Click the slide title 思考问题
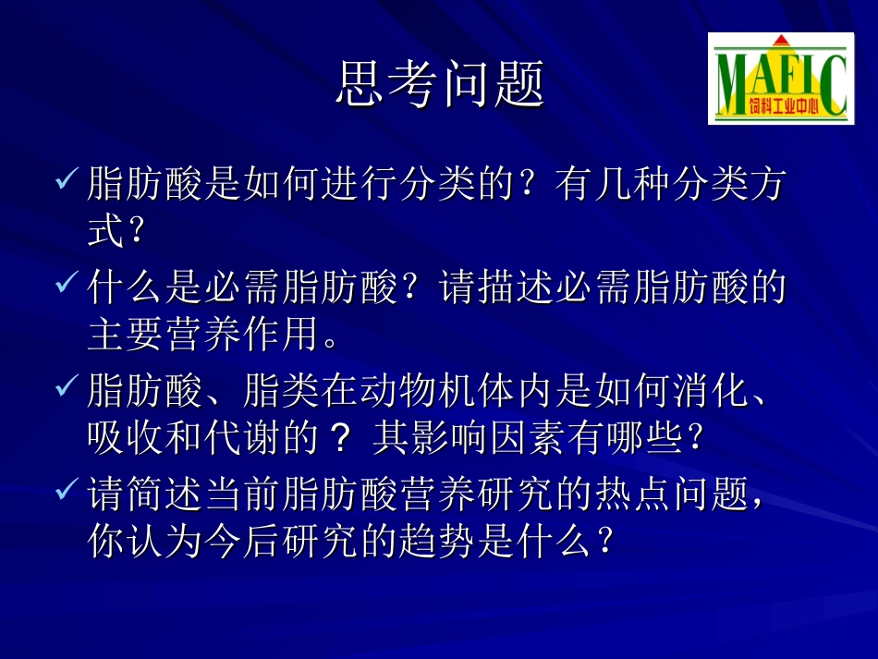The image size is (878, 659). [439, 84]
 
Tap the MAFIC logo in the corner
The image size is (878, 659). [781, 79]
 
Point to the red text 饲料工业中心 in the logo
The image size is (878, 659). [787, 106]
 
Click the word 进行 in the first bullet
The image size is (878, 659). [359, 185]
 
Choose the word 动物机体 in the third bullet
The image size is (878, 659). [436, 392]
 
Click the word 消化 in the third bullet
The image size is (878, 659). [709, 392]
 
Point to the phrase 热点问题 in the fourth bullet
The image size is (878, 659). [669, 495]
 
